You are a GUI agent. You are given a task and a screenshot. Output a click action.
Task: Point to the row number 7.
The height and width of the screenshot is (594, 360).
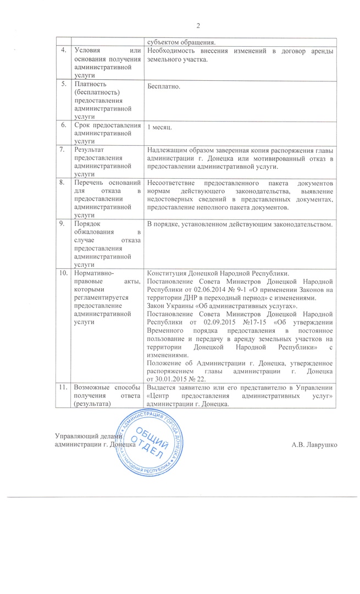pos(64,149)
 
